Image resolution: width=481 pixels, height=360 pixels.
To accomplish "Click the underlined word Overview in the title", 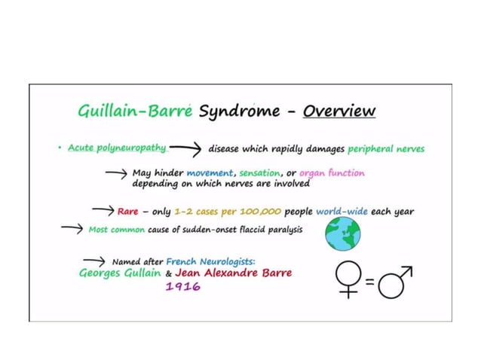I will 339,111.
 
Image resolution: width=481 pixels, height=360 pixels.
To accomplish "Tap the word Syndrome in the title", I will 240,112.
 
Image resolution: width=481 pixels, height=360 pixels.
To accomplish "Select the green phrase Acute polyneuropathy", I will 106,147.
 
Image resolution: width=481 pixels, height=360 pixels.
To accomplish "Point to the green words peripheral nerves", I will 386,148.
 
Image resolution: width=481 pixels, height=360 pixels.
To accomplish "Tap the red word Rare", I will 127,212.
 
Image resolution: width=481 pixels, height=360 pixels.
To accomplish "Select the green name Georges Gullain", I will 120,273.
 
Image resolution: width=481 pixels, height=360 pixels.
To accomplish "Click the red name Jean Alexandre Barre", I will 233,273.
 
